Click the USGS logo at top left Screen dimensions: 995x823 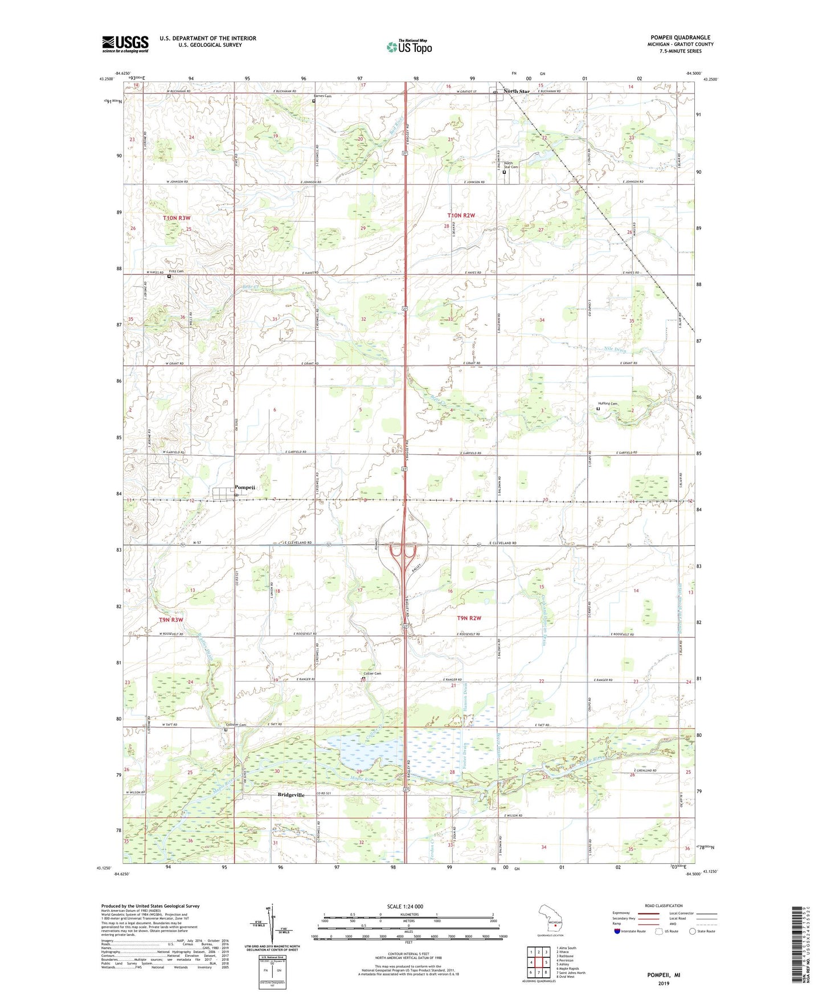click(125, 44)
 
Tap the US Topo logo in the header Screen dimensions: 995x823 click(408, 47)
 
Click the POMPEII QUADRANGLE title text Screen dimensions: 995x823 click(680, 38)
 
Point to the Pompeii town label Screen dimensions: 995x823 click(245, 487)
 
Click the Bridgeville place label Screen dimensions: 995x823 click(291, 794)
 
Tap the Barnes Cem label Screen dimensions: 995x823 click(322, 96)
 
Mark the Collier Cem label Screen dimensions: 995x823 click(372, 674)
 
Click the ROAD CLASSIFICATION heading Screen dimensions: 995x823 click(663, 906)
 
